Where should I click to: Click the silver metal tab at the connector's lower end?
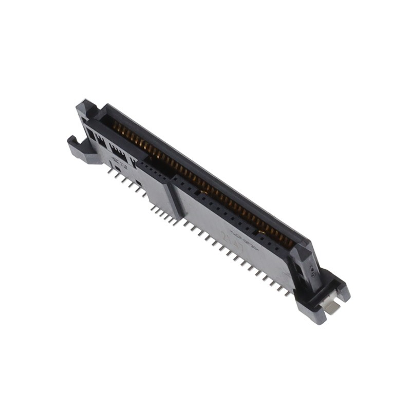point(333,307)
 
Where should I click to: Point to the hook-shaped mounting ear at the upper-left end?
point(78,148)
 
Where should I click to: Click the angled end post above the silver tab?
point(308,267)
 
